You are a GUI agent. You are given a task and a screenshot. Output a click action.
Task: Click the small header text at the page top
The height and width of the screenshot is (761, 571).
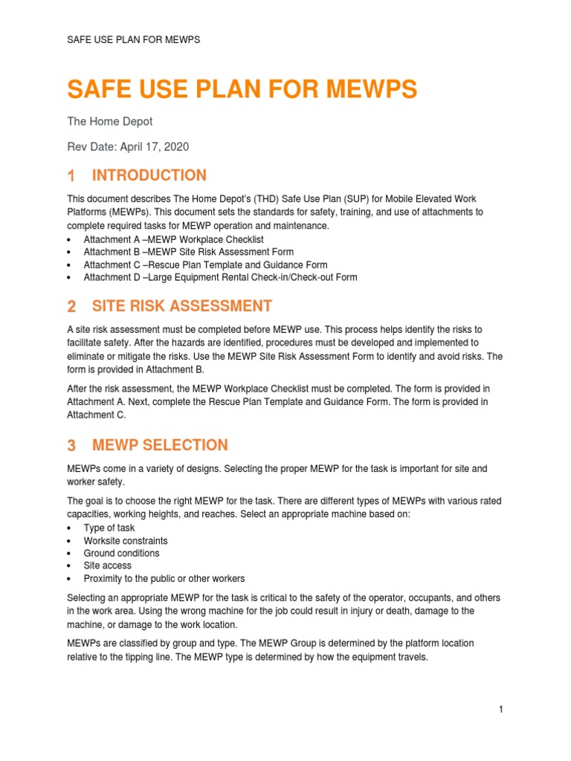tap(133, 39)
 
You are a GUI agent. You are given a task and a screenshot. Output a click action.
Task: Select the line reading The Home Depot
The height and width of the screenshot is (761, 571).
tap(110, 121)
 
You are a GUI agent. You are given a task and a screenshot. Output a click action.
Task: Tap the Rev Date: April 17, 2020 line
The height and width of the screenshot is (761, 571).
tap(128, 147)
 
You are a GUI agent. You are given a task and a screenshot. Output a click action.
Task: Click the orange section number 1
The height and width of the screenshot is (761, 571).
tap(71, 176)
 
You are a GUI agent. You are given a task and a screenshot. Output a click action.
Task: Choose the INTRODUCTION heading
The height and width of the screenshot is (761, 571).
tap(149, 175)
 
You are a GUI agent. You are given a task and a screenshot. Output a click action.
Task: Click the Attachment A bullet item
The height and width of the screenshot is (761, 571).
tap(173, 239)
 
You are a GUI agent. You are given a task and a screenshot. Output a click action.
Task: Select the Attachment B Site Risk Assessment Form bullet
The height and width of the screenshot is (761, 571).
tap(189, 252)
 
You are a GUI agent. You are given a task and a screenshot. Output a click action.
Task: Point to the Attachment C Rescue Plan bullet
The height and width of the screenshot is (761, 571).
tap(204, 265)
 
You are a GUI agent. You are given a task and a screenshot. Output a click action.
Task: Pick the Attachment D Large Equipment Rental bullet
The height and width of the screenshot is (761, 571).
tap(220, 277)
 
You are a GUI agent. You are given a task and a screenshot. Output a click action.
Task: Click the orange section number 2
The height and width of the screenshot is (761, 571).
tap(71, 307)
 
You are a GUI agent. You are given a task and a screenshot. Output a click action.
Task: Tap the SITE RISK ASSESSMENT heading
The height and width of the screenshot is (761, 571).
tap(181, 306)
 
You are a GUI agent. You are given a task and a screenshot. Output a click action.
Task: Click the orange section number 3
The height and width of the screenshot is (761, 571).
tap(71, 446)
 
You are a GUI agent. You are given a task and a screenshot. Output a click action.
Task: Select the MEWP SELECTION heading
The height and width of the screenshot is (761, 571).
tap(160, 445)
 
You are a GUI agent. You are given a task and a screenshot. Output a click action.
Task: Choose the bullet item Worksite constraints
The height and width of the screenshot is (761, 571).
tap(126, 541)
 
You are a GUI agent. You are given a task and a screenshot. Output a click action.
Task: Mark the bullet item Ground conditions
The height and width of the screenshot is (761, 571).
tap(121, 554)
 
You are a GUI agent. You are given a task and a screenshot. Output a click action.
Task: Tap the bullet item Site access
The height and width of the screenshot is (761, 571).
tap(108, 566)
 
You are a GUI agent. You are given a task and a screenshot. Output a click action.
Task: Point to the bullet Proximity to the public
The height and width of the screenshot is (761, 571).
tap(164, 578)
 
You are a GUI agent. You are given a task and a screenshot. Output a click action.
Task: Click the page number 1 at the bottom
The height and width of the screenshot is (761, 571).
tap(501, 710)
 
